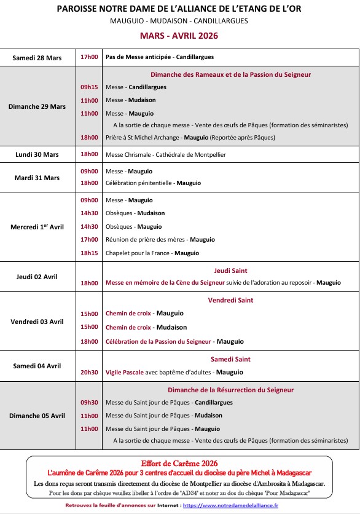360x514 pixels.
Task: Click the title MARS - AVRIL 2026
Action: pyautogui.click(x=179, y=36)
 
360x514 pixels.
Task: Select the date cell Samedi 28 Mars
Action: pyautogui.click(x=37, y=57)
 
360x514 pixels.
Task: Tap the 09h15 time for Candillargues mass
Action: pyautogui.click(x=89, y=87)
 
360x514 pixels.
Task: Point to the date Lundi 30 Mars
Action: pyautogui.click(x=37, y=154)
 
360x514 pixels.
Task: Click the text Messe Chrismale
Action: pyautogui.click(x=128, y=154)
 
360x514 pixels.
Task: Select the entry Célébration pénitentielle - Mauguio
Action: pyautogui.click(x=153, y=183)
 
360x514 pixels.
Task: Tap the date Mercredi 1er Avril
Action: pyautogui.click(x=37, y=227)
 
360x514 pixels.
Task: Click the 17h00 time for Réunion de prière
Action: pyautogui.click(x=89, y=240)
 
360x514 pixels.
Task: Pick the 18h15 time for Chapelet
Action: pyautogui.click(x=89, y=253)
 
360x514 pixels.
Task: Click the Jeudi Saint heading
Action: pyautogui.click(x=230, y=270)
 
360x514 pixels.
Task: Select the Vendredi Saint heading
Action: pyautogui.click(x=230, y=301)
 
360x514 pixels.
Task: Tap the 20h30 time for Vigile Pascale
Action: pyautogui.click(x=89, y=372)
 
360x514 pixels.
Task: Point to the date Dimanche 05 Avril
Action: pyautogui.click(x=37, y=416)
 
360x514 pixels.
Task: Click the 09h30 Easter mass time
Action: pyautogui.click(x=89, y=403)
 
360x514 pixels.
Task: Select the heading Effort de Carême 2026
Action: pyautogui.click(x=179, y=462)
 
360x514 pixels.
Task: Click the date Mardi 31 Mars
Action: pyautogui.click(x=37, y=178)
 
